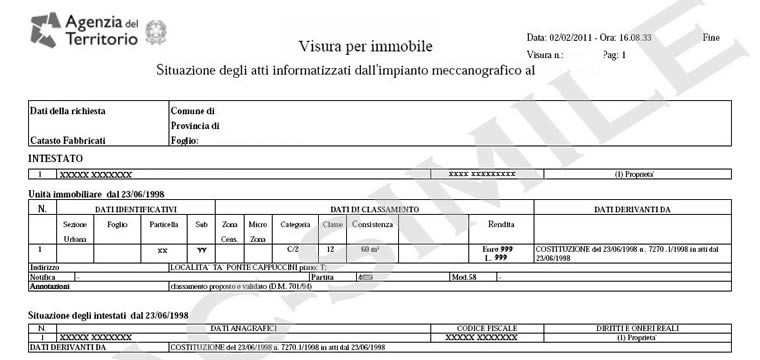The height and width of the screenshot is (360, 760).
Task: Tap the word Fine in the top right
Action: click(x=712, y=37)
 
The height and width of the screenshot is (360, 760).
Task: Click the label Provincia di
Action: click(x=196, y=126)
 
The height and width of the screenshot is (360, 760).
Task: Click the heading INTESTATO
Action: click(x=56, y=158)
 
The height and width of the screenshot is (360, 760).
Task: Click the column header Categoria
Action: click(x=295, y=225)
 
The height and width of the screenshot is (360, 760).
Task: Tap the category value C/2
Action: click(x=295, y=247)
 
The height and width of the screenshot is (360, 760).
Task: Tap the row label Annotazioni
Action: click(x=50, y=286)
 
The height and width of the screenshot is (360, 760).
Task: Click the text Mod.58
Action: click(x=463, y=277)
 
